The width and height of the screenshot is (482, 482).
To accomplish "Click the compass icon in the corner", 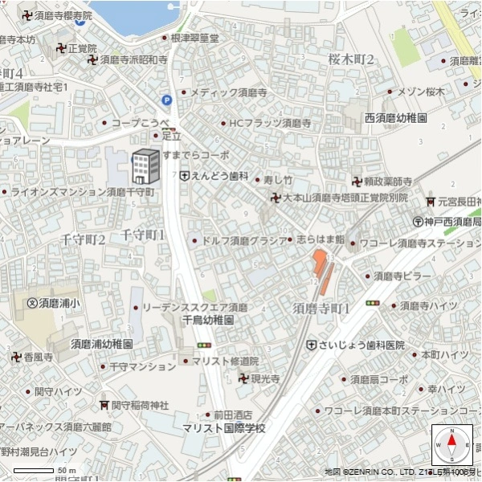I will click(451, 443).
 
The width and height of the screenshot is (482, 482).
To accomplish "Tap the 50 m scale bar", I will click(44, 468).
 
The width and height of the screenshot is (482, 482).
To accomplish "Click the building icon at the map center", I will click(145, 166).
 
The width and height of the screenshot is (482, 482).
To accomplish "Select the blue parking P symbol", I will click(167, 100).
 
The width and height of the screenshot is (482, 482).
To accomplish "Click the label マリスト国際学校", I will click(223, 429).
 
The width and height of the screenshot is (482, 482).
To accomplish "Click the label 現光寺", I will click(264, 378).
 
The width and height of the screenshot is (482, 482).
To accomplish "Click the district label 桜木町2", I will click(351, 59).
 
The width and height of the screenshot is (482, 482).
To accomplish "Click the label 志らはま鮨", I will click(320, 239).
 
